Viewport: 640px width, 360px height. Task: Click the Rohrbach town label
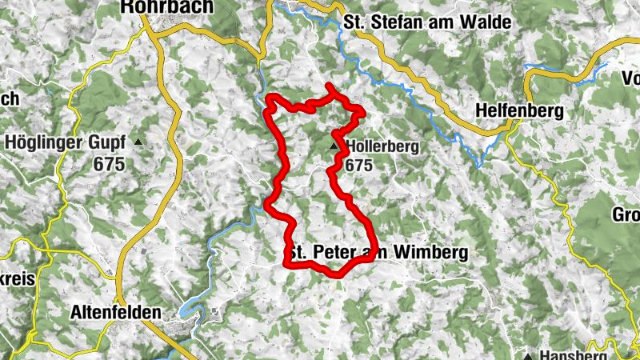tap(167, 7)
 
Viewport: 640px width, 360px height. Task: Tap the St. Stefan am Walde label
tap(426, 22)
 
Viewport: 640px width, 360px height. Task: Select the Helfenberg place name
tap(518, 110)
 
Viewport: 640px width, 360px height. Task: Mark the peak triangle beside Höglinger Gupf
tap(139, 143)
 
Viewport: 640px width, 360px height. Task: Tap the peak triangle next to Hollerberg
tap(334, 147)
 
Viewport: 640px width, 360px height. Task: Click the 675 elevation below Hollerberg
tap(359, 164)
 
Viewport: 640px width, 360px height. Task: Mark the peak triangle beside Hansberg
tap(528, 354)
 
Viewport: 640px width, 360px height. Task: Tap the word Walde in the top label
tap(485, 22)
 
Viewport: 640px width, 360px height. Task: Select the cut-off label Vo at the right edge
tap(629, 79)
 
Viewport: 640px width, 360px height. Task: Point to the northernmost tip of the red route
tap(329, 85)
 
